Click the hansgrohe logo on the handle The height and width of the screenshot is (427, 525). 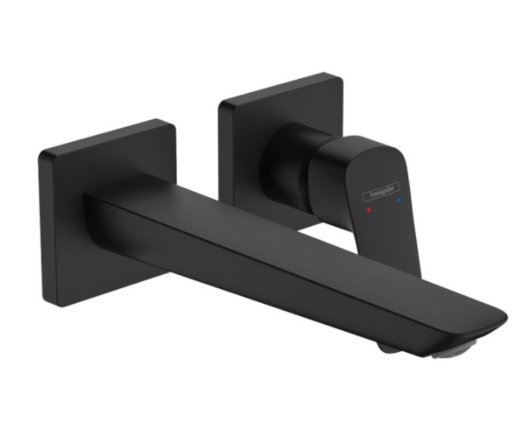tap(381, 192)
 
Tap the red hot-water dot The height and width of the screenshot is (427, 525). tap(369, 210)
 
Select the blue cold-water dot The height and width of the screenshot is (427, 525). tap(398, 200)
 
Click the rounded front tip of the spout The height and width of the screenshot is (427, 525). tap(502, 319)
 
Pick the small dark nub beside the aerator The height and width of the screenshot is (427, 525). tap(388, 348)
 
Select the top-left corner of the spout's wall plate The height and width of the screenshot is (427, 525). tap(41, 153)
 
